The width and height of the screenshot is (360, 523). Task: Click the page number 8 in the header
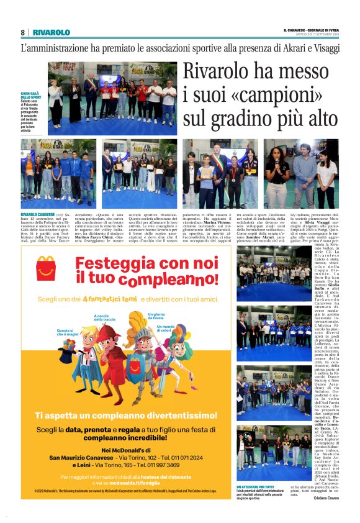(x=23, y=32)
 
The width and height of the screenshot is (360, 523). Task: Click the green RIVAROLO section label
(x=52, y=32)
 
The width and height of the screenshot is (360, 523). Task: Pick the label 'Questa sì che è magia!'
(x=66, y=334)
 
